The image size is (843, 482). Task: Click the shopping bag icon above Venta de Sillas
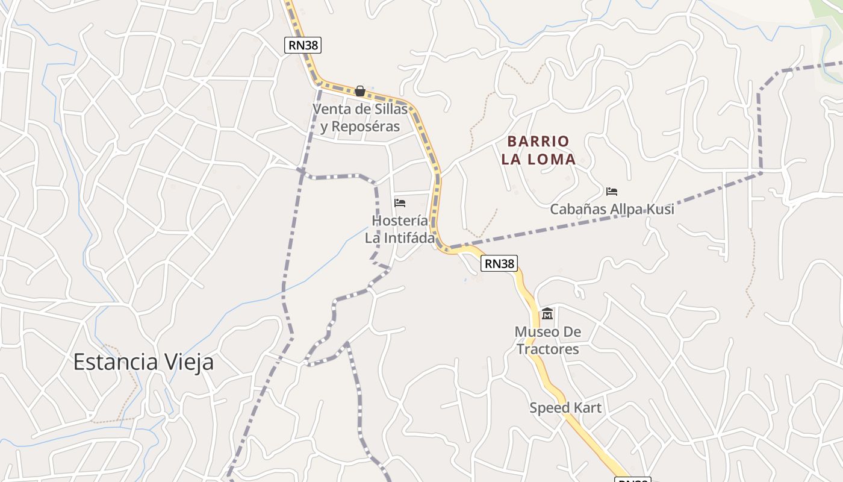pyautogui.click(x=360, y=91)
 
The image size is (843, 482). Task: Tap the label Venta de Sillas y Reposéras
pyautogui.click(x=360, y=118)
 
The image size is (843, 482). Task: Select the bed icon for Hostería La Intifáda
pyautogui.click(x=400, y=203)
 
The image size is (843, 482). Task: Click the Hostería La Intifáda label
pyautogui.click(x=400, y=230)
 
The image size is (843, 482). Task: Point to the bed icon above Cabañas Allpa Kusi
pyautogui.click(x=612, y=192)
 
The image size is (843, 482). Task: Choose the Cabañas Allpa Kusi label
pyautogui.click(x=612, y=210)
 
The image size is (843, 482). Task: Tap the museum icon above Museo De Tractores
pyautogui.click(x=547, y=313)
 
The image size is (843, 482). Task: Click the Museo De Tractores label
pyautogui.click(x=547, y=340)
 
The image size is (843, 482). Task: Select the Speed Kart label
pyautogui.click(x=565, y=408)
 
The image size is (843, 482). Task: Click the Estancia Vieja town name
pyautogui.click(x=143, y=362)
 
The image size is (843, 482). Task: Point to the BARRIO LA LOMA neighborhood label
pyautogui.click(x=538, y=151)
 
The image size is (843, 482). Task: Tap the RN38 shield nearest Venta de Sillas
pyautogui.click(x=303, y=45)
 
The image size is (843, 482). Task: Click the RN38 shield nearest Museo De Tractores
pyautogui.click(x=500, y=263)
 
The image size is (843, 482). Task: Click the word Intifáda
pyautogui.click(x=408, y=238)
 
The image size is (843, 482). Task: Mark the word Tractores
pyautogui.click(x=547, y=349)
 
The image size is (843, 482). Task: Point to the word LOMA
pyautogui.click(x=552, y=160)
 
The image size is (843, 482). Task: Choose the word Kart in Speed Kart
pyautogui.click(x=587, y=408)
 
